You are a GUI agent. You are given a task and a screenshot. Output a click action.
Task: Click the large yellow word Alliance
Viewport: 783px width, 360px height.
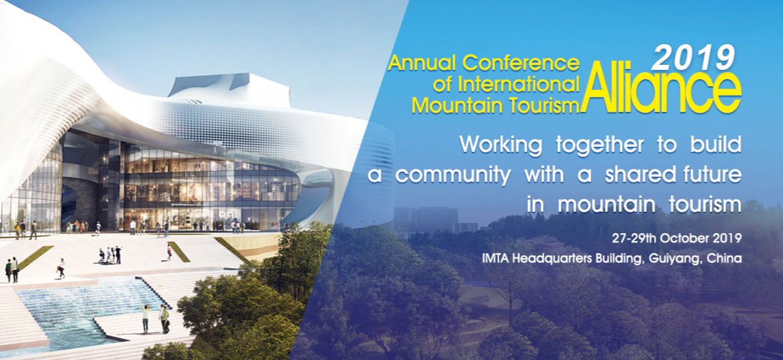[660, 88]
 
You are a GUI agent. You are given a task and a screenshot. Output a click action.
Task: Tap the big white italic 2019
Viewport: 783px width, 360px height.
[694, 58]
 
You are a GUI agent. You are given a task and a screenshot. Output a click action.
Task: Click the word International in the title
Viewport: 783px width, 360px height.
[519, 84]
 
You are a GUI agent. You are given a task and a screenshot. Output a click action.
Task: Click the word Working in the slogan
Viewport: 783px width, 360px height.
[501, 144]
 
